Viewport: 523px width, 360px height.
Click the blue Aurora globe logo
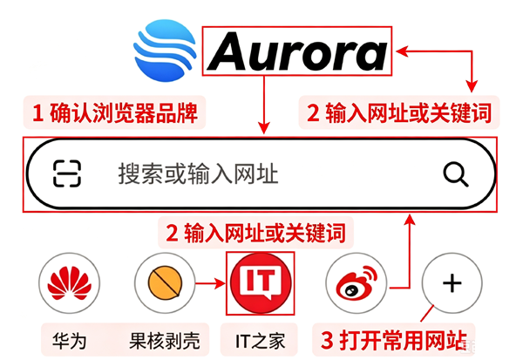(165, 51)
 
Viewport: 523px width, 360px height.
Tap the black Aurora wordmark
(297, 51)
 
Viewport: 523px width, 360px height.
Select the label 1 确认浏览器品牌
(114, 112)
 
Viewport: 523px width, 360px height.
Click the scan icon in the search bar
(67, 173)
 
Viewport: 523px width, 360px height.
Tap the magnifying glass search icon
(456, 174)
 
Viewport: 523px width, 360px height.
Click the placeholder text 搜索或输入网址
(198, 173)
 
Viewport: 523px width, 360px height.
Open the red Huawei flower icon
(70, 283)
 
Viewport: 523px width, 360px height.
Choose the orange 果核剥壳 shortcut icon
(165, 282)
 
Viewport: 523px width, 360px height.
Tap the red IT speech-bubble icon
(260, 283)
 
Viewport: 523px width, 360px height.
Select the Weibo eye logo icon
(357, 283)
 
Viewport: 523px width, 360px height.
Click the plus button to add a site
(452, 283)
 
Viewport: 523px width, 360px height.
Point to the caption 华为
(70, 341)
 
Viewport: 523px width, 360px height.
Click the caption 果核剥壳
(165, 341)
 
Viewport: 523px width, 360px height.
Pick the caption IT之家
(260, 341)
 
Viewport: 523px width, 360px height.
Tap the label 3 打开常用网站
(394, 340)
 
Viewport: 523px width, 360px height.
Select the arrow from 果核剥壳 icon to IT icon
(210, 283)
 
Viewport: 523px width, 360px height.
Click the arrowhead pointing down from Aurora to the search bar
(264, 128)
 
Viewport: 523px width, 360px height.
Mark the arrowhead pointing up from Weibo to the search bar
(410, 221)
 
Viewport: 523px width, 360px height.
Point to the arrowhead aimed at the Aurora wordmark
(402, 51)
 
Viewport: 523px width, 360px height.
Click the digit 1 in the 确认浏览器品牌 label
(37, 112)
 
